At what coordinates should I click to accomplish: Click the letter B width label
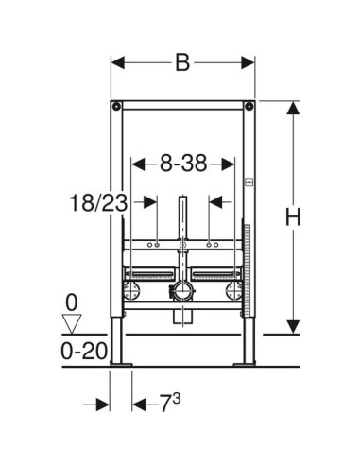(x=182, y=62)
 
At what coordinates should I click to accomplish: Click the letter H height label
(x=293, y=217)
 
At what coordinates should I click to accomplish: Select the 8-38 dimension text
(x=183, y=164)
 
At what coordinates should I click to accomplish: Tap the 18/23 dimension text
(x=98, y=203)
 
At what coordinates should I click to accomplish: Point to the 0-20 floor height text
(x=84, y=351)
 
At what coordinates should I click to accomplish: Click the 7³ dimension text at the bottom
(x=170, y=403)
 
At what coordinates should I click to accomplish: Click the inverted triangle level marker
(x=72, y=323)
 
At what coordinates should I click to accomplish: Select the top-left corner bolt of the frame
(x=116, y=106)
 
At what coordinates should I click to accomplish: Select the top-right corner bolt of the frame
(x=249, y=106)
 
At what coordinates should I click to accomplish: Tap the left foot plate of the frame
(x=121, y=365)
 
